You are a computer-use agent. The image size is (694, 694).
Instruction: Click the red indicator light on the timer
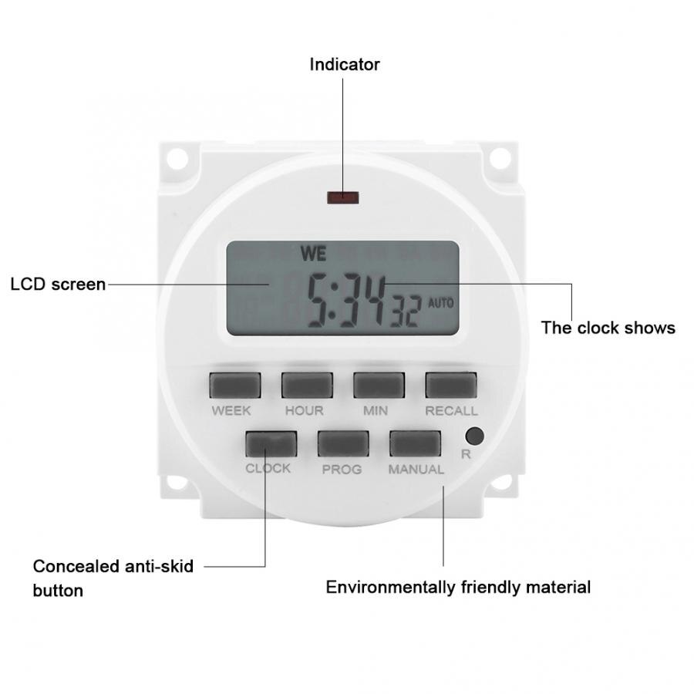(x=342, y=197)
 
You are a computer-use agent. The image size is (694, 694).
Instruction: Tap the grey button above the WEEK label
(x=235, y=385)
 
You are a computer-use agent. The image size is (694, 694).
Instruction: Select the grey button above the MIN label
(x=379, y=385)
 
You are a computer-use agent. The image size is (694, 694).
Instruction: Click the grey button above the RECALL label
(x=451, y=385)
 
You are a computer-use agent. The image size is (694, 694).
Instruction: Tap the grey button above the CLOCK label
(x=271, y=444)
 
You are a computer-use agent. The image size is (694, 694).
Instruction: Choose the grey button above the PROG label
(x=343, y=443)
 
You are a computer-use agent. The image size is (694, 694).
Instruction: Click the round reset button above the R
(x=474, y=436)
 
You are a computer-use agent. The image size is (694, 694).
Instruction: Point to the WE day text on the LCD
(x=313, y=254)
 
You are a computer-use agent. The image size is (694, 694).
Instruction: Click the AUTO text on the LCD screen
(x=441, y=303)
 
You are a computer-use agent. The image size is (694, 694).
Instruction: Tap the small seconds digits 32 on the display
(x=405, y=312)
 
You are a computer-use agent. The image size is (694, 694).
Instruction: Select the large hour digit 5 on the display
(x=317, y=300)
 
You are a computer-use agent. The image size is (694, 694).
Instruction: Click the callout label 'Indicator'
(x=345, y=65)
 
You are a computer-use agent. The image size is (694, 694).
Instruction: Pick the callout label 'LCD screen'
(x=58, y=284)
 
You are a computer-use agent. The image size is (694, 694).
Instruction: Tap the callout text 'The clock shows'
(x=608, y=328)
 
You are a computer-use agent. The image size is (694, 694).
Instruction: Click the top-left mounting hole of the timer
(x=177, y=157)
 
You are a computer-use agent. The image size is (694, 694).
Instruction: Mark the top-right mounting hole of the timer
(x=500, y=157)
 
